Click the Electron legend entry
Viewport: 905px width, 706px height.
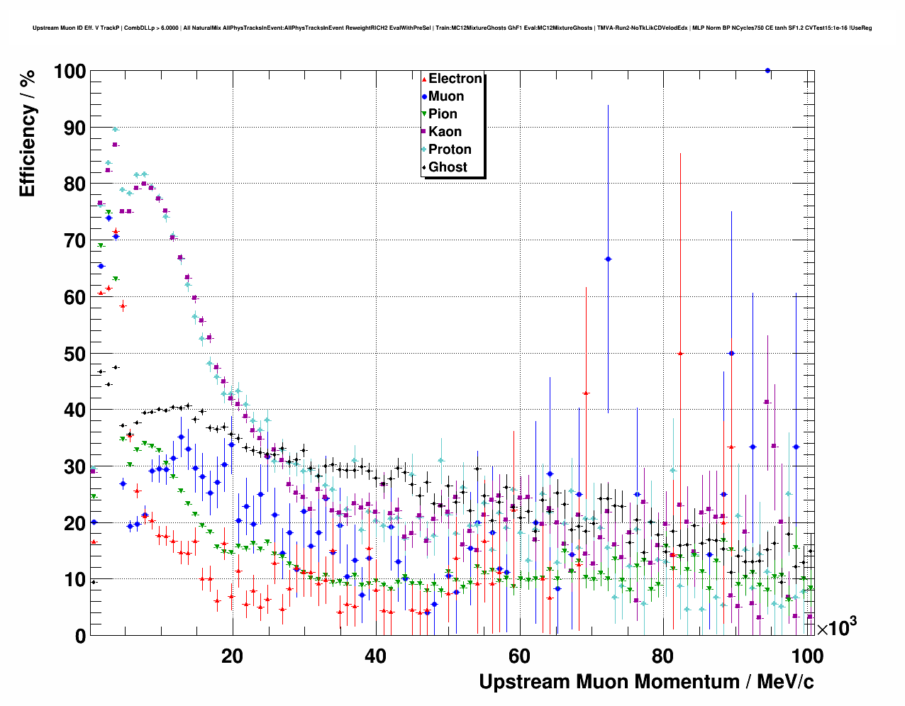click(x=455, y=79)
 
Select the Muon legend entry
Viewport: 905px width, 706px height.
click(x=445, y=96)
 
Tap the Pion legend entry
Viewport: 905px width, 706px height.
click(x=443, y=114)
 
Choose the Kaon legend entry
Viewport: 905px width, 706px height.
click(x=444, y=132)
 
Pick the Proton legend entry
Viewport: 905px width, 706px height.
click(x=449, y=150)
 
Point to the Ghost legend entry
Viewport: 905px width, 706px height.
click(x=448, y=167)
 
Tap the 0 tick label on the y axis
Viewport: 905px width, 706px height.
click(x=80, y=636)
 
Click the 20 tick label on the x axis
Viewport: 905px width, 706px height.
click(x=232, y=656)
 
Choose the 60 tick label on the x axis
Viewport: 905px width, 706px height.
click(x=519, y=656)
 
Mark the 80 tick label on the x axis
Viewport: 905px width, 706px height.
click(x=662, y=656)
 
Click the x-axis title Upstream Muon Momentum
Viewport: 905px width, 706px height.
click(x=646, y=682)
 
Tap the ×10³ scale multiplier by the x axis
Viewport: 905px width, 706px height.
click(x=837, y=627)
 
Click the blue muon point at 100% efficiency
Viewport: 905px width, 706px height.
click(x=767, y=70)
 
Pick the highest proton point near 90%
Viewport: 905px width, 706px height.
click(x=115, y=129)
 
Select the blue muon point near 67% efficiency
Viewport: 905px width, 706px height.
click(x=608, y=259)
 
